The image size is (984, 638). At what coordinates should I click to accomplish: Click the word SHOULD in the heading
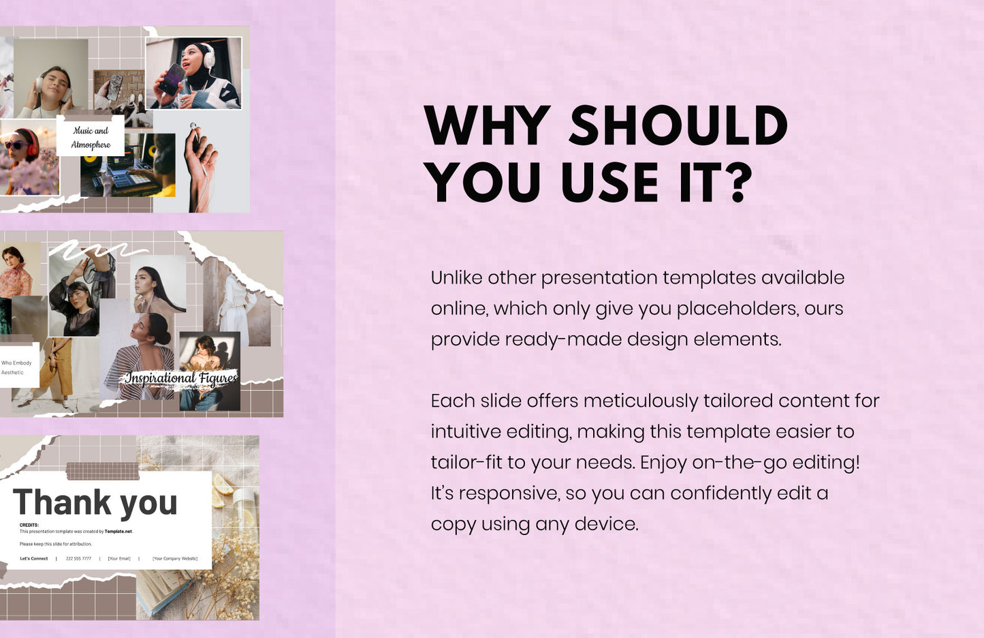[678, 126]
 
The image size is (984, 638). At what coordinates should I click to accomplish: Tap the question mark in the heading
[738, 183]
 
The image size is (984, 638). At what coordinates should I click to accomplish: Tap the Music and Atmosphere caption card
[91, 137]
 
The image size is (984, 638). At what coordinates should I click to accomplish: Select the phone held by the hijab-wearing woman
[172, 79]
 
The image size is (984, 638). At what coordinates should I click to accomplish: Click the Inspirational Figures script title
[181, 378]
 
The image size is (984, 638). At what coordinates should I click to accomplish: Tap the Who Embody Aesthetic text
[16, 367]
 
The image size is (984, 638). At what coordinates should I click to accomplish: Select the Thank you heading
[95, 503]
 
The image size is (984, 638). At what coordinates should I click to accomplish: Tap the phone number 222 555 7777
[78, 558]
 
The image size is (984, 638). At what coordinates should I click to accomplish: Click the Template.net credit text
[118, 532]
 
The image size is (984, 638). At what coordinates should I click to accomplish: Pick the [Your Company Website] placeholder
[175, 558]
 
